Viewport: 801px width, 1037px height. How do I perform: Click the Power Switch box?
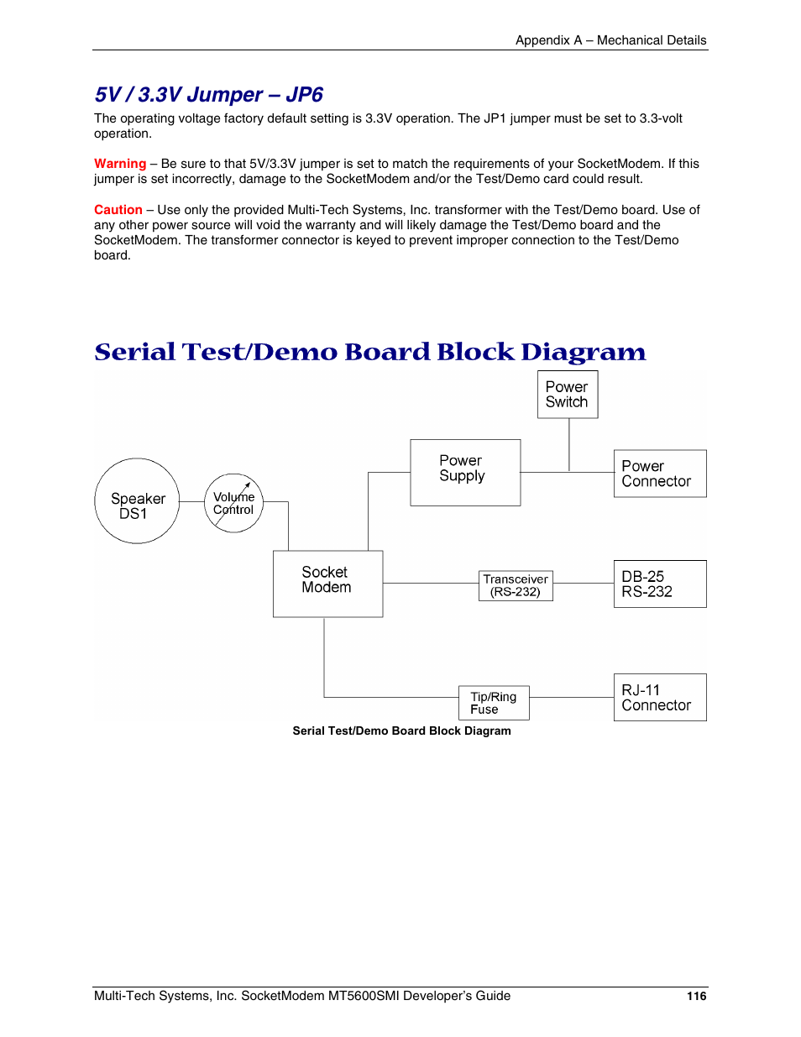(568, 395)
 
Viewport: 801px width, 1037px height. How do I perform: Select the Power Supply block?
(465, 472)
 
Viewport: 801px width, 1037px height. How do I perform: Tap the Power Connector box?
(659, 474)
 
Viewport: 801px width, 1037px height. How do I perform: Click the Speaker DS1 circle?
(137, 501)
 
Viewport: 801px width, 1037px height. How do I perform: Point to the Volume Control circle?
(233, 503)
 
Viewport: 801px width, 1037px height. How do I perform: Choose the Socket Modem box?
(327, 584)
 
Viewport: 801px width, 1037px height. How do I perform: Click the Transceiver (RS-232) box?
(516, 585)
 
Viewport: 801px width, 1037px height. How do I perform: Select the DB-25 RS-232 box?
(659, 584)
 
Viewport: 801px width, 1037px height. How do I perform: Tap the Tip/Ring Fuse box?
(494, 703)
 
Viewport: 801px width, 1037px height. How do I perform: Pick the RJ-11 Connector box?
(659, 697)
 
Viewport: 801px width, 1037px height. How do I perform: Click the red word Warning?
(120, 164)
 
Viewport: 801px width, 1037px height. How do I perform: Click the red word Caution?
(118, 210)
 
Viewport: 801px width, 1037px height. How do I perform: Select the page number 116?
(696, 996)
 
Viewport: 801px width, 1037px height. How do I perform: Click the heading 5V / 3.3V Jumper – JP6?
(208, 95)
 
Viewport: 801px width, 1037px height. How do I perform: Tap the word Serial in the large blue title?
(134, 352)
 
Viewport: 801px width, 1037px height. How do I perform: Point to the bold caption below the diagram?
(401, 731)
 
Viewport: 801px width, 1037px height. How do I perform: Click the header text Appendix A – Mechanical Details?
(610, 40)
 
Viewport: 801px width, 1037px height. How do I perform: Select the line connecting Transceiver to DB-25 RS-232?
(583, 583)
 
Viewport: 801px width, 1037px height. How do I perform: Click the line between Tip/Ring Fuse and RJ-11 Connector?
(571, 697)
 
